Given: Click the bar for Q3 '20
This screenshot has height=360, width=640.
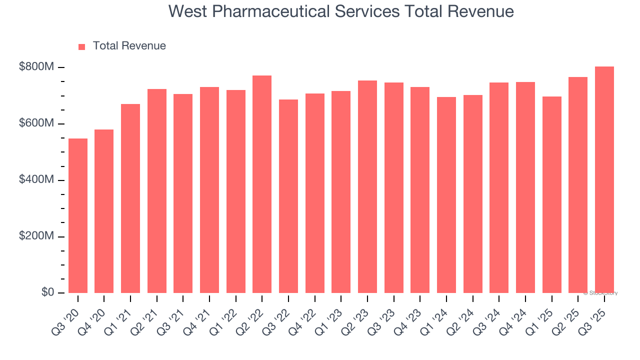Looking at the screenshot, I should tap(77, 215).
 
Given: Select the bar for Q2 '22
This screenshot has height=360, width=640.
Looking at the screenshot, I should tap(262, 184).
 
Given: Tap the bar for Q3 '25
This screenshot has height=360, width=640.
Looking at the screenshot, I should tap(604, 179).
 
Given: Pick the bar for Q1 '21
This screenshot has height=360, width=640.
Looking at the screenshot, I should tap(130, 198).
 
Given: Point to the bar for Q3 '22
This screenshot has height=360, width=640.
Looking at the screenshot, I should tap(288, 196).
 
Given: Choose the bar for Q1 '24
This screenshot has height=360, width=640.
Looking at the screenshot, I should tap(446, 195).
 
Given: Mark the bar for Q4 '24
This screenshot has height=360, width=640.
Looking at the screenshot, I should tap(525, 187).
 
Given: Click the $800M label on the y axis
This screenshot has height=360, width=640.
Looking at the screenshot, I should tap(36, 67).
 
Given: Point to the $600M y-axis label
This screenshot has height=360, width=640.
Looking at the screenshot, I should tap(36, 124).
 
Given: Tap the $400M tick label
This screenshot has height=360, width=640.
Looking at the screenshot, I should tap(36, 180).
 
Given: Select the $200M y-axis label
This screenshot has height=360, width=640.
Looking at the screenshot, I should tap(36, 236).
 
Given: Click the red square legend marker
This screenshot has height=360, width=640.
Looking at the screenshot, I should tap(82, 46).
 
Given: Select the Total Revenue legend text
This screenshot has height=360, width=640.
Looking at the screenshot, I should tap(129, 46).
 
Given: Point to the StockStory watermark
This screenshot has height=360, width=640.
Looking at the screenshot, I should tap(600, 293).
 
